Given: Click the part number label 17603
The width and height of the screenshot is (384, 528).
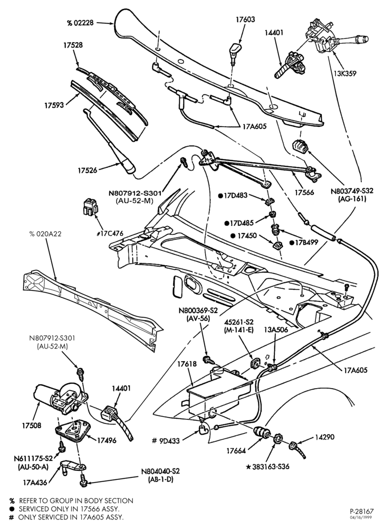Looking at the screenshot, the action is [245, 20].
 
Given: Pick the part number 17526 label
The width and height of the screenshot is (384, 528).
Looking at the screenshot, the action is [88, 171].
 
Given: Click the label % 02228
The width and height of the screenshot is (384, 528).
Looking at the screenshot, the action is [80, 23].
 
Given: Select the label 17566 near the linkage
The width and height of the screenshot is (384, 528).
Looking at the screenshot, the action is [304, 192].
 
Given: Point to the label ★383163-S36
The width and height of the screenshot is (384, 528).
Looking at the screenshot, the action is [267, 467].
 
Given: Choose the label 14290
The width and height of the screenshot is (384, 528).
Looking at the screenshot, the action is [325, 437].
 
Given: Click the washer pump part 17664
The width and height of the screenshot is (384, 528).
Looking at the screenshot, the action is [261, 433].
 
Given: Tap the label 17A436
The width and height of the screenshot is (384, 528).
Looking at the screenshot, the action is [35, 483].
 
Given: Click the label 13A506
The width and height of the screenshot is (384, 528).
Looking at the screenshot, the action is [276, 330].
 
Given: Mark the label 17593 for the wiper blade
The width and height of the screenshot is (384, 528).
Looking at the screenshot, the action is [54, 106].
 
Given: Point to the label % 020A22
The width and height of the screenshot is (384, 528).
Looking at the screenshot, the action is [45, 234].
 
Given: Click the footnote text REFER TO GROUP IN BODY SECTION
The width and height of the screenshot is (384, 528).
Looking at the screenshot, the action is [76, 501].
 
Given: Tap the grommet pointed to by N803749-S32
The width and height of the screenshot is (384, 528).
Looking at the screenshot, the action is [300, 146].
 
